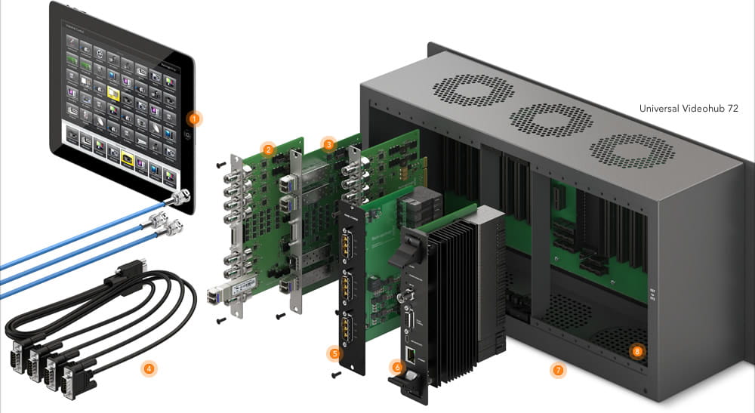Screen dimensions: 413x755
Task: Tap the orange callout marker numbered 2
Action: tap(268, 149)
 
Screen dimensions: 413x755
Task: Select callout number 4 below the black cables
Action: tap(149, 369)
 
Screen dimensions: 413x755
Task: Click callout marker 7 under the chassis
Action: tap(558, 371)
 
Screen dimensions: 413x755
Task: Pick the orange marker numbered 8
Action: tap(637, 351)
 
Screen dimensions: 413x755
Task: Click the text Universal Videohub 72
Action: tap(689, 109)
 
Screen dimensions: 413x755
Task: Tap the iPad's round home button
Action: tap(186, 134)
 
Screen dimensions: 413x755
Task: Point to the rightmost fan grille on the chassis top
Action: tap(621, 150)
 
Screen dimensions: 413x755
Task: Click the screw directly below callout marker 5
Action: tap(334, 372)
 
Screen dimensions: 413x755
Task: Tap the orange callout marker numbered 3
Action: tap(328, 143)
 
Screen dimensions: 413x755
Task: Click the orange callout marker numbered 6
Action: tap(396, 367)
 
